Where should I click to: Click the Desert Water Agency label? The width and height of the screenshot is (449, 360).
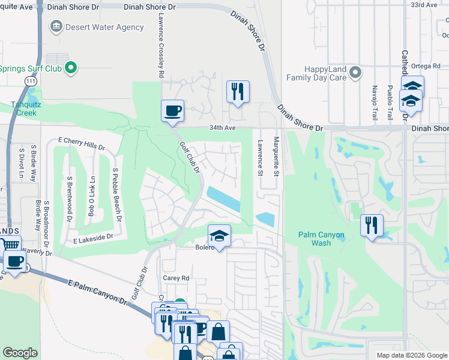(105, 27)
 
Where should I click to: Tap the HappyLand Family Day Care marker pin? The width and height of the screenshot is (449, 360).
(355, 73)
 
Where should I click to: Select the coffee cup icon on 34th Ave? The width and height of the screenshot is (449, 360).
(172, 111)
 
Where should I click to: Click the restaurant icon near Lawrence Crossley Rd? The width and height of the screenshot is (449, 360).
(238, 92)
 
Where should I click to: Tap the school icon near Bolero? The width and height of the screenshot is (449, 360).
(220, 236)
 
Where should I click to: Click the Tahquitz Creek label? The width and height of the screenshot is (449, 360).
(19, 108)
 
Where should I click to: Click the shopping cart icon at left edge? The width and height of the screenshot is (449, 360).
(9, 245)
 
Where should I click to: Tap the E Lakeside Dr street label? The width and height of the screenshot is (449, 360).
(93, 238)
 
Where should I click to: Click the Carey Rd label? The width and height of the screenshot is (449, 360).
(176, 278)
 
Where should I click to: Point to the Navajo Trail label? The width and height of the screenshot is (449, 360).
(375, 99)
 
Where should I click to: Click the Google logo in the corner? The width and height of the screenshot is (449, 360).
(20, 353)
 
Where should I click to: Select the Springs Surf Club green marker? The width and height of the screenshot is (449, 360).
(71, 68)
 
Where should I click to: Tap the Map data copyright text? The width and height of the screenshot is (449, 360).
(412, 355)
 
